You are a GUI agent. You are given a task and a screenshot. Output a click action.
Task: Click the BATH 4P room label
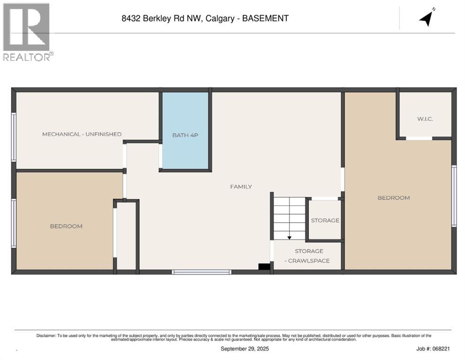tap(185, 135)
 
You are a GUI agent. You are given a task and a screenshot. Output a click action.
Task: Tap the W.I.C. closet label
tap(425, 119)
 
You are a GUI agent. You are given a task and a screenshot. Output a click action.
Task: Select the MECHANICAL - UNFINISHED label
tap(82, 134)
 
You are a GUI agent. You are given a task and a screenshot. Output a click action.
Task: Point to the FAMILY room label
tap(241, 187)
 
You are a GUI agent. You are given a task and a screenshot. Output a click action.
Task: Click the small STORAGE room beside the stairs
tap(325, 220)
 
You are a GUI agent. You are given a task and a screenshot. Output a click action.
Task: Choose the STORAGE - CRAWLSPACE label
tap(309, 256)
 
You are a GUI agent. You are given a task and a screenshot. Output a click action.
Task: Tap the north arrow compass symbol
tap(427, 18)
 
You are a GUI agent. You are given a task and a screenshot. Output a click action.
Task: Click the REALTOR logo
tap(27, 32)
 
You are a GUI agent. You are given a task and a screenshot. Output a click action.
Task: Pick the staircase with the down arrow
tap(289, 218)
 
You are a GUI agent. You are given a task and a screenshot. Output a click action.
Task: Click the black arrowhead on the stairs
tap(289, 238)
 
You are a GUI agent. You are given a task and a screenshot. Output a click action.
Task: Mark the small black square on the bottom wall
tap(264, 267)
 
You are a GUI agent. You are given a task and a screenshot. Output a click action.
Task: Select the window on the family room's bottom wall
tap(202, 272)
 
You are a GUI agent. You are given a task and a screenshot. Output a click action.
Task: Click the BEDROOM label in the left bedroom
tap(66, 226)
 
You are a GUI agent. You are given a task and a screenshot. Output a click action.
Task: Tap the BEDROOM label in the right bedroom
tap(394, 198)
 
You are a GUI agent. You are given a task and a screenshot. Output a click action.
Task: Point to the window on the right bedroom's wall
tap(454, 196)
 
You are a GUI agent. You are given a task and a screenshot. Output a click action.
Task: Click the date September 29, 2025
tap(245, 349)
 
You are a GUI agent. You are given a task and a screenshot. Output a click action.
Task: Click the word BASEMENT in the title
tap(266, 19)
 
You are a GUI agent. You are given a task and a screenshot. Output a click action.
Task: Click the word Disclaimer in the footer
tap(46, 336)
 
